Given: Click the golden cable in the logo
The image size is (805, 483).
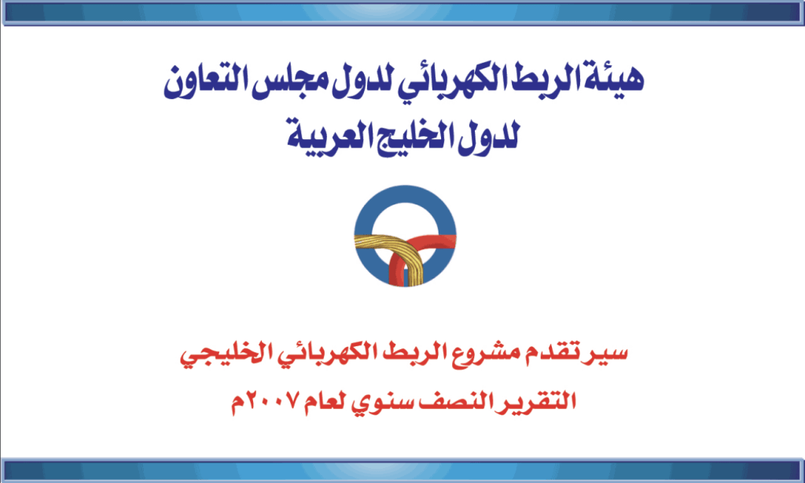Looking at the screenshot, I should pyautogui.click(x=380, y=248).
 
